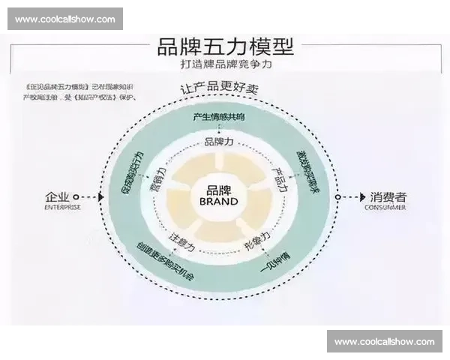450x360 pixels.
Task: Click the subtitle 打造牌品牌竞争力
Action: coord(224,65)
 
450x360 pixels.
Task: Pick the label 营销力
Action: coord(159,178)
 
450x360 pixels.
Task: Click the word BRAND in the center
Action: coord(220,201)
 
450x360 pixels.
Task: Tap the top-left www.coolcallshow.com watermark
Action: coord(65,19)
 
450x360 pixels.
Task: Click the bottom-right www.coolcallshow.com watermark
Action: coord(384,341)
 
